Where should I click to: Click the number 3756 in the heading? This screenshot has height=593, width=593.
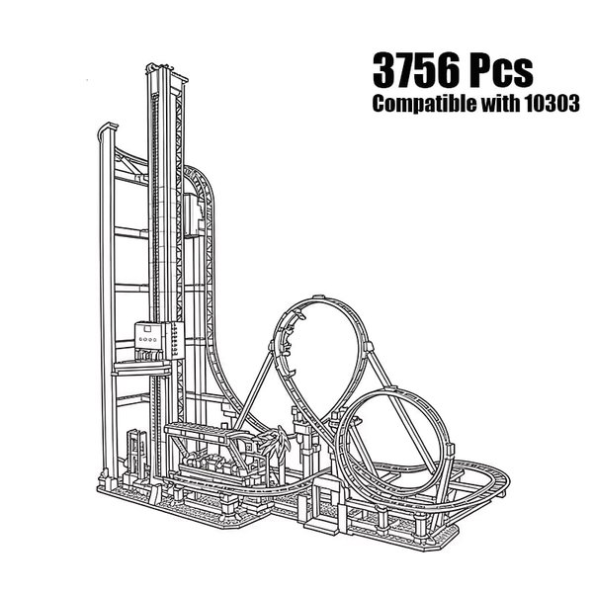[416, 70]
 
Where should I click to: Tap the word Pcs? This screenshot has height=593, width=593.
[501, 70]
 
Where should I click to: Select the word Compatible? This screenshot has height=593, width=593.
[424, 103]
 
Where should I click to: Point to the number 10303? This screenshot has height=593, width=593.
[551, 103]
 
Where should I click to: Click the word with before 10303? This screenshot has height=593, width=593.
[500, 103]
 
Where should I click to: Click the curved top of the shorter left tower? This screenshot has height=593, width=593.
[108, 128]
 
